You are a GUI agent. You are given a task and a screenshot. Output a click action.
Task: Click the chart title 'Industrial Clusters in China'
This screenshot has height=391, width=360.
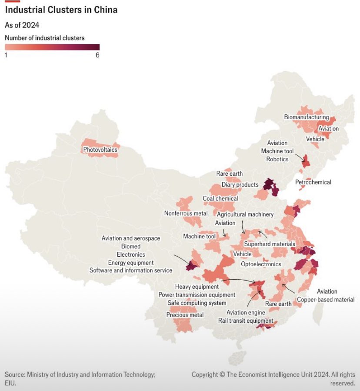coord(61,10)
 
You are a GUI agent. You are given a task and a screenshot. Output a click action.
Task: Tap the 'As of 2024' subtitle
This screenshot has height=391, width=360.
coord(22,25)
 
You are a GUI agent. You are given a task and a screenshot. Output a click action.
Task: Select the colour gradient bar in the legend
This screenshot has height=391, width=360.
coord(52,47)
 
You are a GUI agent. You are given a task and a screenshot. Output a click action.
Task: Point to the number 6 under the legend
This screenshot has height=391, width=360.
coord(97,55)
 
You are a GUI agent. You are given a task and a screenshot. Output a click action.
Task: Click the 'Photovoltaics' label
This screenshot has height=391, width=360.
coord(100,150)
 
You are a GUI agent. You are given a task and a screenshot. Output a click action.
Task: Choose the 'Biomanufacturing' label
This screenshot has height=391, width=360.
coord(307,117)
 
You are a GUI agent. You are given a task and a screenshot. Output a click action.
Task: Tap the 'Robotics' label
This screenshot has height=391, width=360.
coord(277,159)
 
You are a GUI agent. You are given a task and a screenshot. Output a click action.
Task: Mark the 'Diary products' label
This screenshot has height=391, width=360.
coord(240,185)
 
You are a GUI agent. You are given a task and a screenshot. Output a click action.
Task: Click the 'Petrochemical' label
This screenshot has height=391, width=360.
coord(313,182)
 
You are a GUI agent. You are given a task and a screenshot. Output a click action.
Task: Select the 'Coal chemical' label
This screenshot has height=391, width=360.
coord(220,199)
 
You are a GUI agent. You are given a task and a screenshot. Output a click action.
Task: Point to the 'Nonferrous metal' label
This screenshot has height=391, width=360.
coord(186,214)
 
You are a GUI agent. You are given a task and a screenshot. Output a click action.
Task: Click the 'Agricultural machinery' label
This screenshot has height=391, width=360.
coord(245,214)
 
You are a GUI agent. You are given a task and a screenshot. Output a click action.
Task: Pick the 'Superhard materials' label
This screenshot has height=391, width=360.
coord(270,244)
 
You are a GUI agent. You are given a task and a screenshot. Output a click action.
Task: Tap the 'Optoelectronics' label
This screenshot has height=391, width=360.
coord(261,264)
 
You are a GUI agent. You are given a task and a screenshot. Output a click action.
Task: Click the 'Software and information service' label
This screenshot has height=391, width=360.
coord(131,271)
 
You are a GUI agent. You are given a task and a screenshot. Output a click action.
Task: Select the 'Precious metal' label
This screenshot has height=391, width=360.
coord(185,315)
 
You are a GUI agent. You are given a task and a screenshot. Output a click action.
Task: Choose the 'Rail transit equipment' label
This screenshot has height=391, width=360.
coord(246,321)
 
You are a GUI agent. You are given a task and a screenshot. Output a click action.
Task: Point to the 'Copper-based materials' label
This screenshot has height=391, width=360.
coord(326,300)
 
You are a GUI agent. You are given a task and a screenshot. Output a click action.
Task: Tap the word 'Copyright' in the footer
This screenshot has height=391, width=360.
coord(206,374)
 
